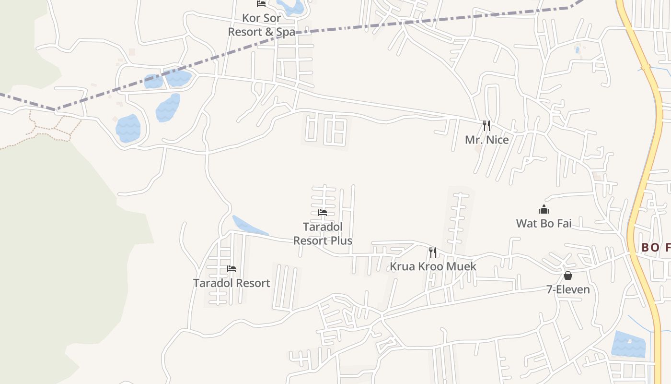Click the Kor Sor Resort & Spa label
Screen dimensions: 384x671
pyautogui.click(x=261, y=25)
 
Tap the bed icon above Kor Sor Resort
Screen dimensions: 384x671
pyautogui.click(x=261, y=4)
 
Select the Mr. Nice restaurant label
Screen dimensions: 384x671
pyautogui.click(x=486, y=140)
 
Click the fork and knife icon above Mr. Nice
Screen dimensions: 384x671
pyautogui.click(x=486, y=126)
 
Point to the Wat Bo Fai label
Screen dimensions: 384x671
pyautogui.click(x=544, y=223)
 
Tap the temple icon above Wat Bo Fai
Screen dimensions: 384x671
pyautogui.click(x=544, y=209)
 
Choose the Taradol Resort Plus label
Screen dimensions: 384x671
pyautogui.click(x=323, y=233)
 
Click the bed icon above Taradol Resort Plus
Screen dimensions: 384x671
pyautogui.click(x=323, y=213)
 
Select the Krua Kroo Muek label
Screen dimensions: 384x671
pyautogui.click(x=433, y=266)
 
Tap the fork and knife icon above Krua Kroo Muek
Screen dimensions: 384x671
pyautogui.click(x=433, y=252)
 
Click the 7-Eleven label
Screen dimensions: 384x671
pyautogui.click(x=568, y=289)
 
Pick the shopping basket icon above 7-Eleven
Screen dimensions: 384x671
pyautogui.click(x=568, y=276)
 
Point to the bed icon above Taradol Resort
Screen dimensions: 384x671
pyautogui.click(x=231, y=269)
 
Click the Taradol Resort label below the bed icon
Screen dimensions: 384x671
pyautogui.click(x=231, y=283)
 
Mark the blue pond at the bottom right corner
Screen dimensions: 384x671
pyautogui.click(x=628, y=344)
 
